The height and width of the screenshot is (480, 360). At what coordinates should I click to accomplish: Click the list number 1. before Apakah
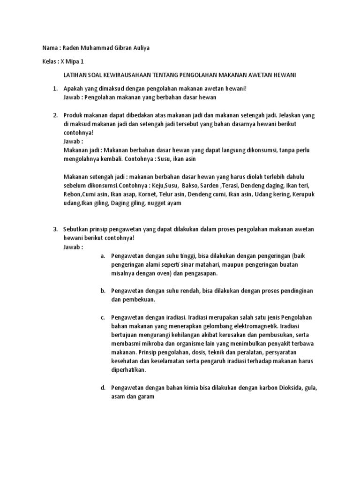pos(55,88)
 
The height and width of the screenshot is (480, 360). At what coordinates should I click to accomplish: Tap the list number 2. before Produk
pos(55,115)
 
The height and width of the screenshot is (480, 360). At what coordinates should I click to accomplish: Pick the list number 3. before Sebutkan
pos(55,229)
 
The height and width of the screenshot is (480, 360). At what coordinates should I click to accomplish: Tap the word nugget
pos(157,203)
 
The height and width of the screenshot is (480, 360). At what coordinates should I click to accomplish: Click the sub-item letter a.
pos(103,256)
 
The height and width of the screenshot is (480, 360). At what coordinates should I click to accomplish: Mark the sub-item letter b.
pos(103,291)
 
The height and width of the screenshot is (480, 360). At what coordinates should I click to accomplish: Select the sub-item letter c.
pos(103,317)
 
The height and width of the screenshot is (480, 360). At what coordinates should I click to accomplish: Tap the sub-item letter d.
pos(103,388)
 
